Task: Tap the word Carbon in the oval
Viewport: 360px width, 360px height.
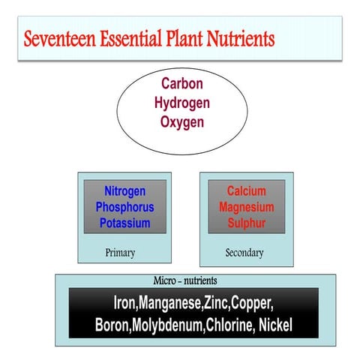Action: click(x=182, y=85)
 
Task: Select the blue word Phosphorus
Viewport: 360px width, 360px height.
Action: click(x=124, y=206)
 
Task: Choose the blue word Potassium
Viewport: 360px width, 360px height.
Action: click(x=124, y=223)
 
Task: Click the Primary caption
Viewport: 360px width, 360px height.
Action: click(x=120, y=253)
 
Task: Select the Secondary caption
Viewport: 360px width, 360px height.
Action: click(x=244, y=253)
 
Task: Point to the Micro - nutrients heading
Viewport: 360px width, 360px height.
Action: click(x=185, y=280)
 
